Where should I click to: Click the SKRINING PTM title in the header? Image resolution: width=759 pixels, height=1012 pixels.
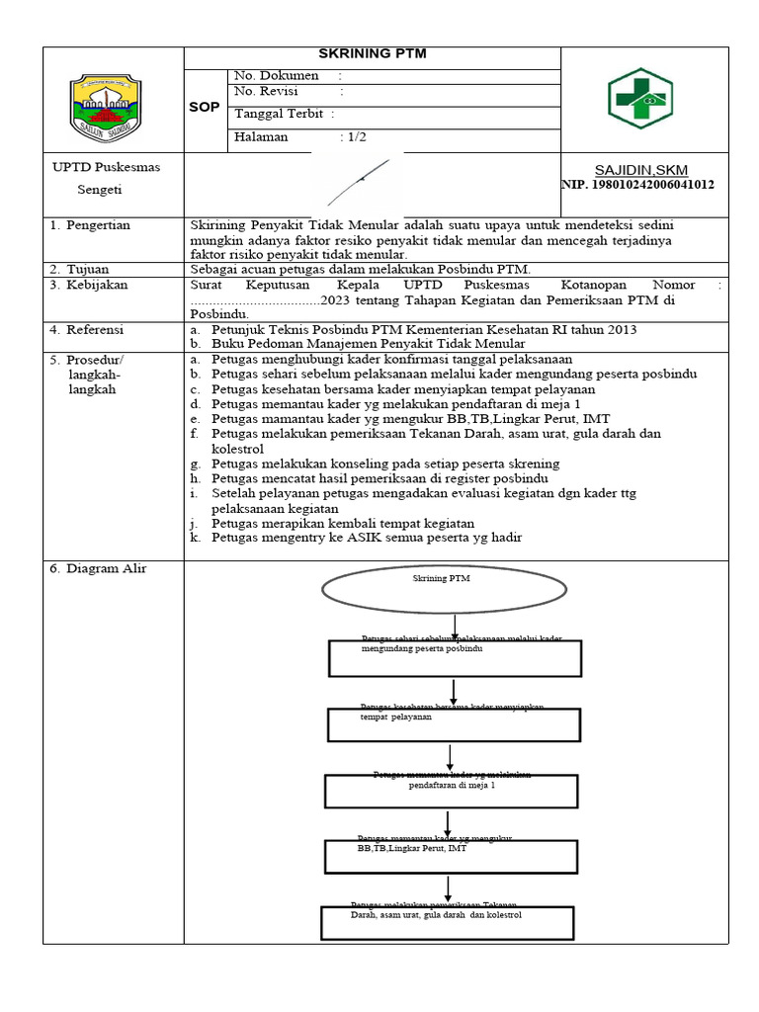click(372, 54)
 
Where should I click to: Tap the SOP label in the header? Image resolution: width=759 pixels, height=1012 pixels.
click(204, 107)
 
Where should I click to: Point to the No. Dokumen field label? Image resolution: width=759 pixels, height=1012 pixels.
click(277, 75)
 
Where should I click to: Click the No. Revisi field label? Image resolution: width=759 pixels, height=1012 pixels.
click(267, 91)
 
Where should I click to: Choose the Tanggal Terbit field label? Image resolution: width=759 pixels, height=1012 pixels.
click(278, 114)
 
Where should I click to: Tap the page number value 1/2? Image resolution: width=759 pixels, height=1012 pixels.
click(354, 137)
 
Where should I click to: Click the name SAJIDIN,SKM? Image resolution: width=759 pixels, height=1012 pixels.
click(641, 170)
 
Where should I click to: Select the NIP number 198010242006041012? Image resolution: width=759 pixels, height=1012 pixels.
click(638, 185)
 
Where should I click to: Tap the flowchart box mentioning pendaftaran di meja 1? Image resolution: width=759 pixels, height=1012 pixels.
click(452, 791)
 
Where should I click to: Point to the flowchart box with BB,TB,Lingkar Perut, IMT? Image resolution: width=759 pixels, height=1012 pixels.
click(452, 856)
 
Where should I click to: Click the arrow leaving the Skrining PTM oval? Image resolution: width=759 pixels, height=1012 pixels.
click(455, 627)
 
